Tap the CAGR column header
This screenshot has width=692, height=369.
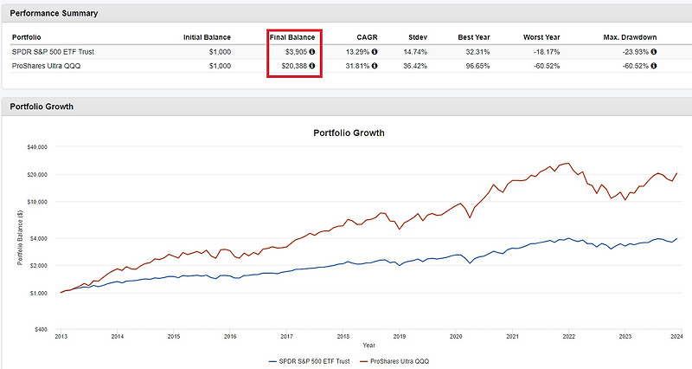pos(367,37)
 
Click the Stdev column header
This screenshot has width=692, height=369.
pos(419,37)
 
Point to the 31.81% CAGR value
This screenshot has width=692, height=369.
pos(360,66)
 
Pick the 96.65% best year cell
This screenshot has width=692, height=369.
pos(476,66)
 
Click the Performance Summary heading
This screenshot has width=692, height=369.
pos(54,14)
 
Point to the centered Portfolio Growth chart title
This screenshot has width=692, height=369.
pos(348,133)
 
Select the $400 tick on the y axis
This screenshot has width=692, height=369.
pos(42,329)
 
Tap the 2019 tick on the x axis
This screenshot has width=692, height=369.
pos(399,336)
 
